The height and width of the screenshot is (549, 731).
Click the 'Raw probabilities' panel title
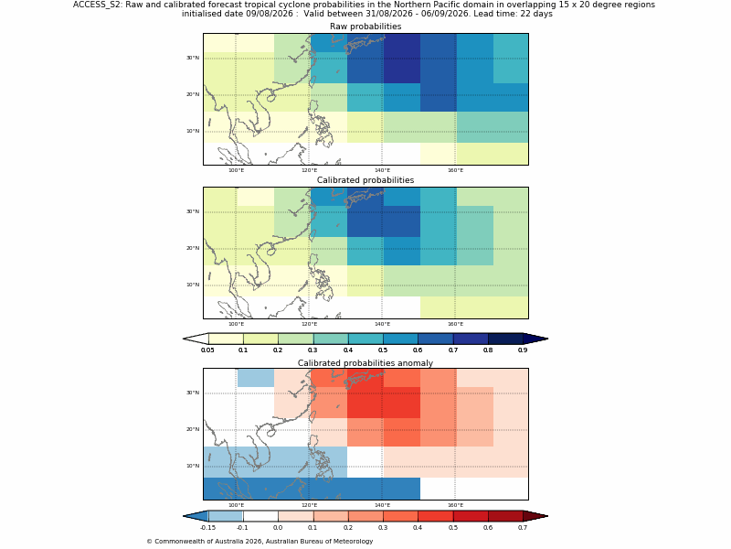point(365,27)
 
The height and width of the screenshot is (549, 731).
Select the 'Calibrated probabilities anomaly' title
point(365,363)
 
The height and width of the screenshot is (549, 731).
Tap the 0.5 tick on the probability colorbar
point(383,339)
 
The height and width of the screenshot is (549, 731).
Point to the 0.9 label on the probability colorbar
point(523,350)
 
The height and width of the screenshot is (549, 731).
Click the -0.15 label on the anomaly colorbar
point(208,528)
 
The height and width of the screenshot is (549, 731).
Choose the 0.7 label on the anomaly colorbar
point(523,528)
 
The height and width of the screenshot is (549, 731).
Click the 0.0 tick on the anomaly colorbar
point(278,516)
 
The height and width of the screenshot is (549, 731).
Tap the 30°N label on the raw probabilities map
point(193,58)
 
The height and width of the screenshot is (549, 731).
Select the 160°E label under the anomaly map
point(455,506)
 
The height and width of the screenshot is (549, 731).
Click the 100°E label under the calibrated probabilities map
point(236,324)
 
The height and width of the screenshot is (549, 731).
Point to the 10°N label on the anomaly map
point(193,466)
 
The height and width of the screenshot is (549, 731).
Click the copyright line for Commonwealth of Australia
point(260,542)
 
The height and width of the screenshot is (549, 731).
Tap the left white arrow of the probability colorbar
point(196,339)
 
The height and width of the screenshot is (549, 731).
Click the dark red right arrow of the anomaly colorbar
point(535,516)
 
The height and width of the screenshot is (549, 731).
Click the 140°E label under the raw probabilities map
point(382,170)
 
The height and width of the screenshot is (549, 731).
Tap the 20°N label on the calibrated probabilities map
point(193,248)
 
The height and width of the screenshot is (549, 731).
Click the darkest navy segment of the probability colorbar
point(505,339)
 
